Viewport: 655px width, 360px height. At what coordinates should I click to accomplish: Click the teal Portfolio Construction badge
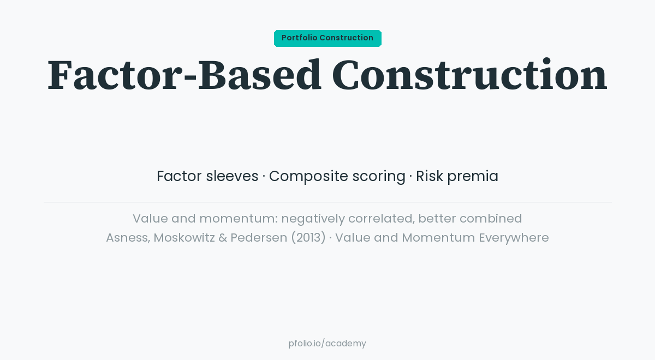point(327,38)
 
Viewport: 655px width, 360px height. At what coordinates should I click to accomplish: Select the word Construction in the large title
point(469,75)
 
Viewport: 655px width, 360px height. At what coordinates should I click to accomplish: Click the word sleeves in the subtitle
point(232,176)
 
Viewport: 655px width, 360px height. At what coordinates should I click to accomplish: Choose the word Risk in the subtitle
point(429,176)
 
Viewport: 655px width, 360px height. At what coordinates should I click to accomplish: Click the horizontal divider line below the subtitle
point(327,202)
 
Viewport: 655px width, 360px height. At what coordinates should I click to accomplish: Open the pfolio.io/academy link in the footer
point(327,344)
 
